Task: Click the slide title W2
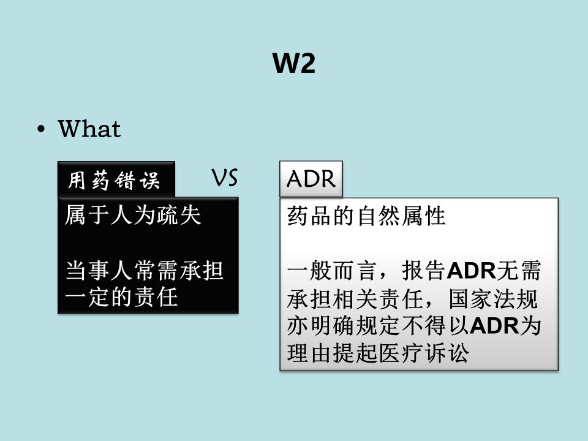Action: tap(293, 63)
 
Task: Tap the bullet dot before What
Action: tap(41, 129)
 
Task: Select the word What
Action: tap(89, 129)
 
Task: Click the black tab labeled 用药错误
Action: tap(116, 179)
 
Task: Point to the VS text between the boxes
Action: tap(225, 178)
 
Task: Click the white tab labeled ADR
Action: tap(311, 179)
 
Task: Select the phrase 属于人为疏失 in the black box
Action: tap(133, 215)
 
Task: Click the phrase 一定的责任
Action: tap(121, 298)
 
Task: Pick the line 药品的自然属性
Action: tap(366, 216)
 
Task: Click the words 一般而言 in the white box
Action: tap(331, 270)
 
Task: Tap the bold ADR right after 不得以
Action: tap(494, 325)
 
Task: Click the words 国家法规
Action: tap(493, 299)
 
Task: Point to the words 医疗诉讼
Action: tap(424, 353)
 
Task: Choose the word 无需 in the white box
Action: tap(519, 270)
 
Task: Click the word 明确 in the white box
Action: tap(332, 325)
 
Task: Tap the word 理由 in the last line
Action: tap(309, 353)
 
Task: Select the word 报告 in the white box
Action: tap(424, 270)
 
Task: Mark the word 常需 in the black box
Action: tap(156, 270)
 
